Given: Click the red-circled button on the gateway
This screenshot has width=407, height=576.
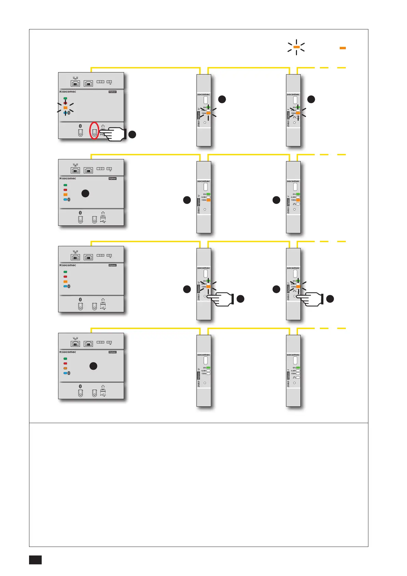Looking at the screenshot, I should click(94, 130).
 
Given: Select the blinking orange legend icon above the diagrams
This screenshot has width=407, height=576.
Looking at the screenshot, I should click(296, 47).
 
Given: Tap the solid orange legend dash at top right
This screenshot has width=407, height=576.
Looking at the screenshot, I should click(342, 48).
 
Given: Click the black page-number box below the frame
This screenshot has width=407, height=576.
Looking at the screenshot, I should click(35, 560).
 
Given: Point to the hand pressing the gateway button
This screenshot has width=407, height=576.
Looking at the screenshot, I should click(114, 134).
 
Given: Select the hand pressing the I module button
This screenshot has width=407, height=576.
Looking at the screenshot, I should click(312, 299).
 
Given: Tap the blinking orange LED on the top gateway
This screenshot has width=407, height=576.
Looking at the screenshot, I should click(65, 107).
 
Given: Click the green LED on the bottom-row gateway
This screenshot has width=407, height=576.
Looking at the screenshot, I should click(65, 359).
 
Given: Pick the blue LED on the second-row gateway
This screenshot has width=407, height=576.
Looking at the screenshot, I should click(65, 199).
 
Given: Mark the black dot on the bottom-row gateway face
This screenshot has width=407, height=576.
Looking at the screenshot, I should click(93, 366).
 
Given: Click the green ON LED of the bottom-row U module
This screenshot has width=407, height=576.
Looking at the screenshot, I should click(208, 368).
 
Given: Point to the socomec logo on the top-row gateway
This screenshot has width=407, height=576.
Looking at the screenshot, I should click(68, 92).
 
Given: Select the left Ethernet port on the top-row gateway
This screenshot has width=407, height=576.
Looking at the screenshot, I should click(75, 83).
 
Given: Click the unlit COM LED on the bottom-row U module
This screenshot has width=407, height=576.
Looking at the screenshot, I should click(208, 374).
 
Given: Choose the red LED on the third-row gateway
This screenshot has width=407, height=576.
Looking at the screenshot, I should click(65, 277).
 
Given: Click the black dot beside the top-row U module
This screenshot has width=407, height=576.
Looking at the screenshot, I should click(222, 99).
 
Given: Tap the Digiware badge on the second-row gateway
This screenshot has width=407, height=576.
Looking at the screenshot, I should click(112, 179).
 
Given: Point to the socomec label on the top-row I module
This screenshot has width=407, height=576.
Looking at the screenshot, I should click(293, 94).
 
